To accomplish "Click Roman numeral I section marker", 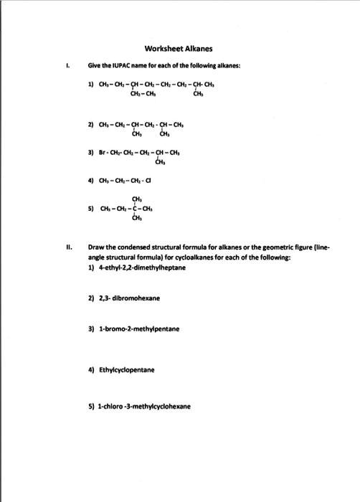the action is [x=67, y=65].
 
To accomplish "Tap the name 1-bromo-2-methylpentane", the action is [x=138, y=329].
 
